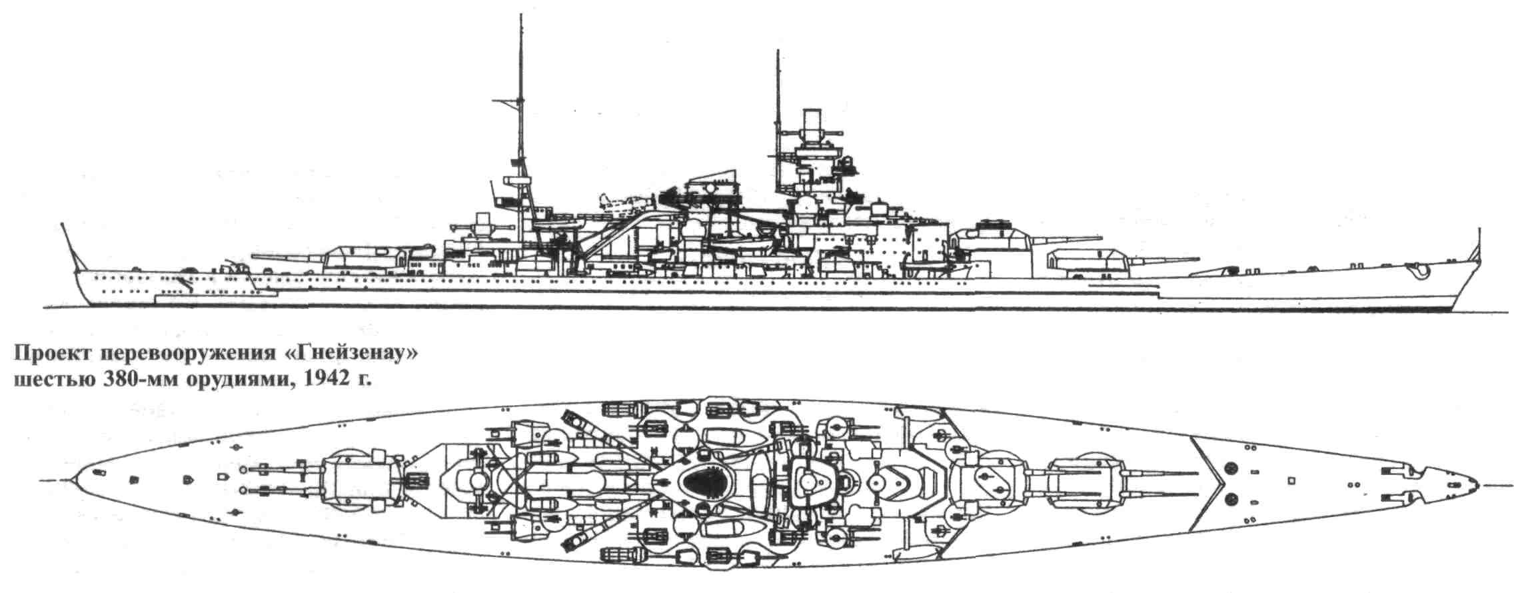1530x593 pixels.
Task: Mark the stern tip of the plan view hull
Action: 74,480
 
